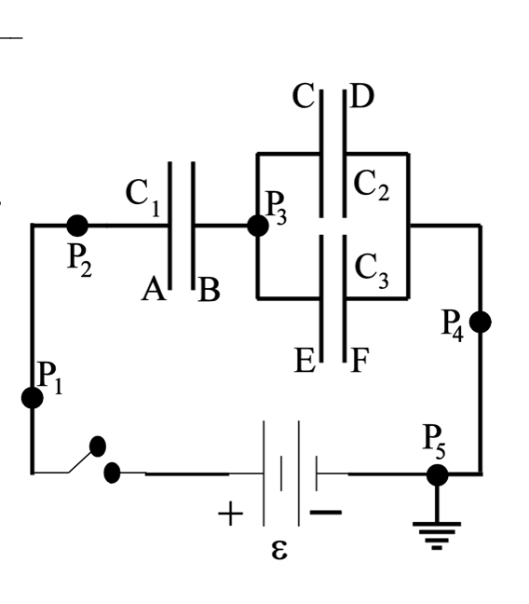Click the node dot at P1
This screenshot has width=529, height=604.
click(x=33, y=398)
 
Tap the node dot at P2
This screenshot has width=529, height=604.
click(x=78, y=225)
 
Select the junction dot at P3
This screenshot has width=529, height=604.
click(x=257, y=226)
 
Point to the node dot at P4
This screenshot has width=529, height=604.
click(x=481, y=323)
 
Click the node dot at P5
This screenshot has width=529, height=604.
click(x=437, y=474)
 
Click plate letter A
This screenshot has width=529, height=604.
click(x=154, y=291)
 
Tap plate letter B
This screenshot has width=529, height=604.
click(x=209, y=292)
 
